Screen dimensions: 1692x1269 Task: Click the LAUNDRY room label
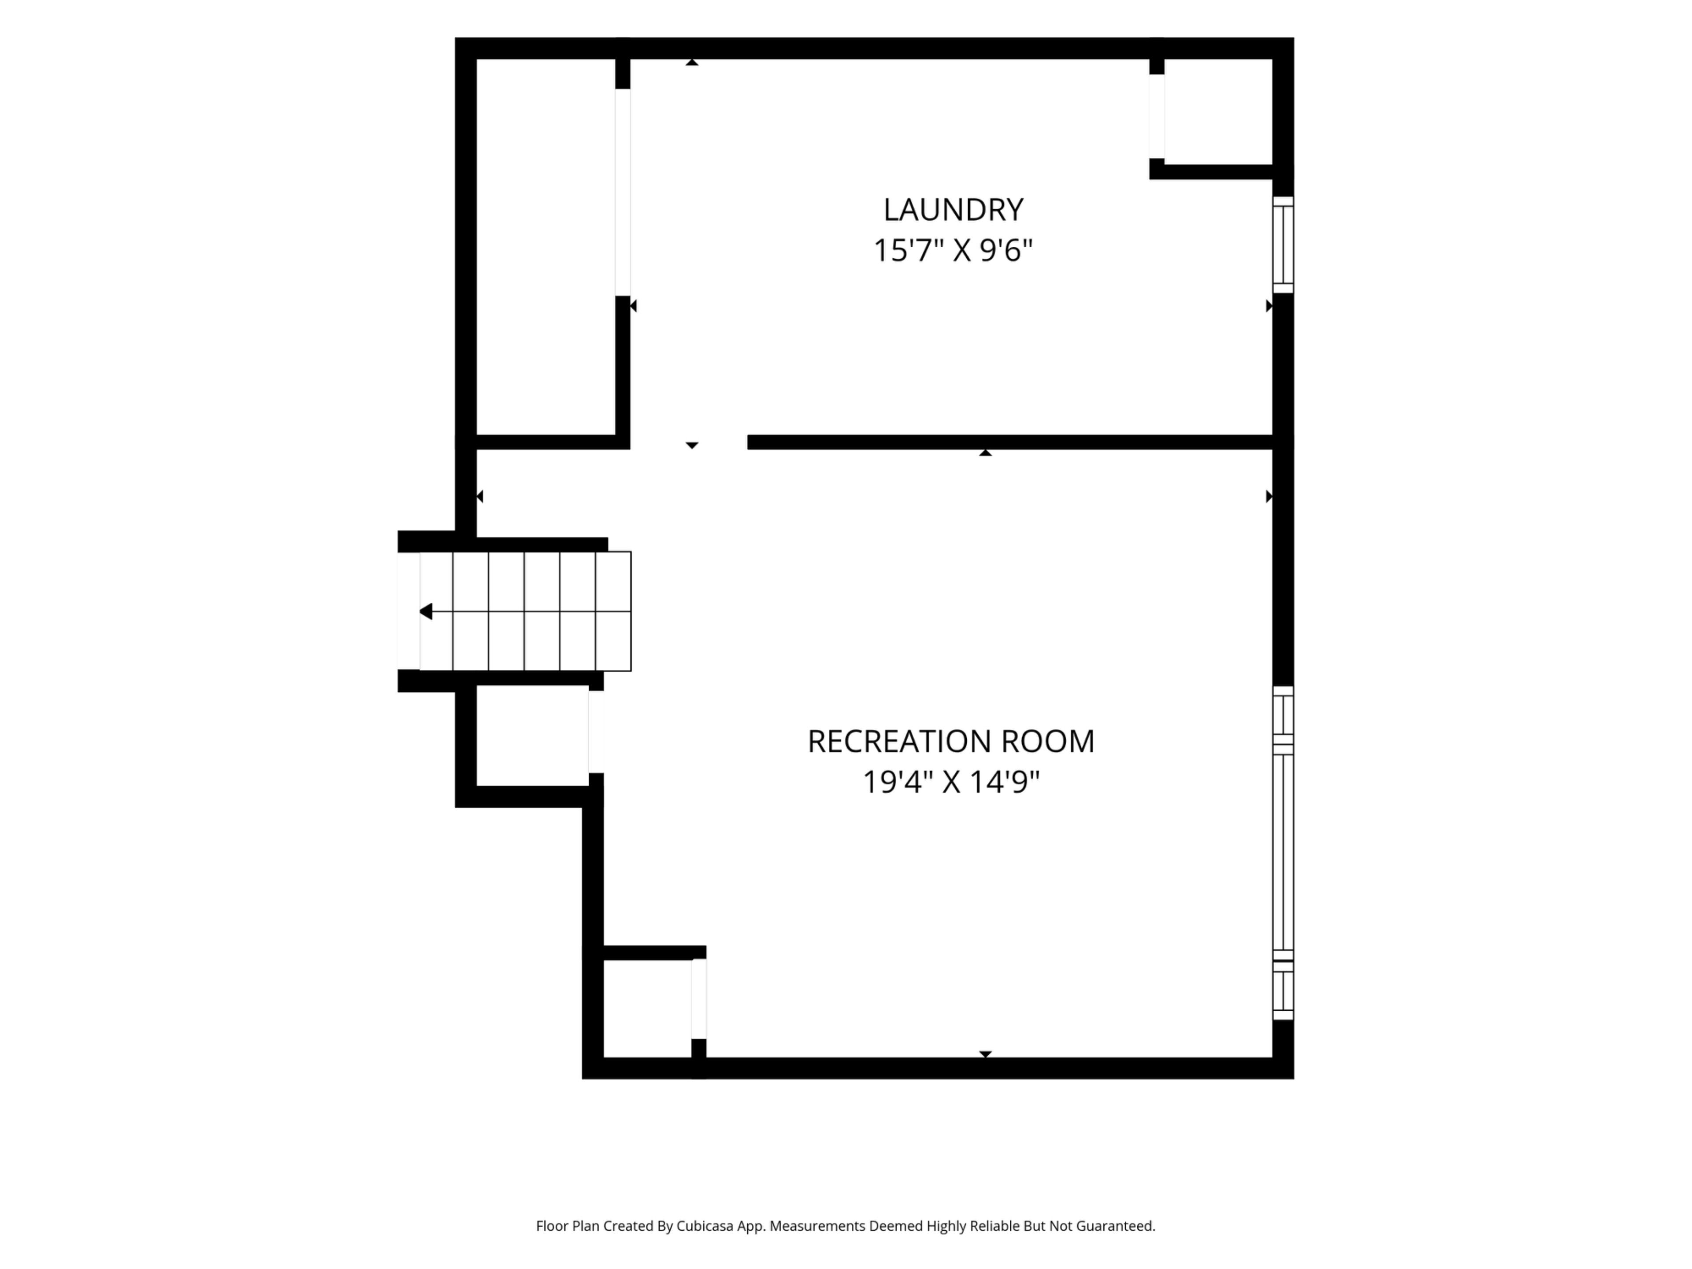953,210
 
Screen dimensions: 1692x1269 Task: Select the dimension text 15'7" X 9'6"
953,250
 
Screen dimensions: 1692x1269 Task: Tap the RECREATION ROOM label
951,741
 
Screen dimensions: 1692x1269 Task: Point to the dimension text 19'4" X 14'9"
951,782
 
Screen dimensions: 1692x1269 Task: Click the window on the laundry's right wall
1283,245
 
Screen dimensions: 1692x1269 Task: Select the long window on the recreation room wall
1283,853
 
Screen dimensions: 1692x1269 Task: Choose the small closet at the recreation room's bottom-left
648,1008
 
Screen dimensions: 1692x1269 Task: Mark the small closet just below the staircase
532,735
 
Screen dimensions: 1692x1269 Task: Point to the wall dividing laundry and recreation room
1010,442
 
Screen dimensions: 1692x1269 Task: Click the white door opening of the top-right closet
1157,116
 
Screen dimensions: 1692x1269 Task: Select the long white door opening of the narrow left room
623,192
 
